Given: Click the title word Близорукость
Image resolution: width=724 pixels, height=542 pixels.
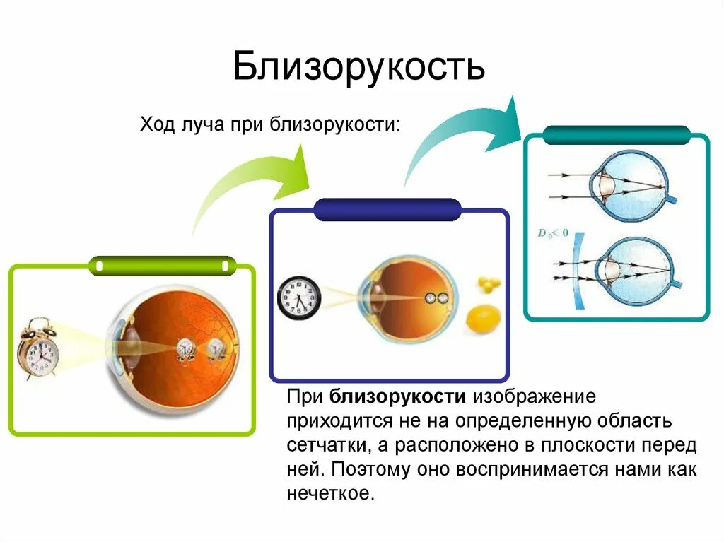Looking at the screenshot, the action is [x=358, y=68].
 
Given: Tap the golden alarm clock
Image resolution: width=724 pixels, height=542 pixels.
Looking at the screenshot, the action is [x=38, y=349].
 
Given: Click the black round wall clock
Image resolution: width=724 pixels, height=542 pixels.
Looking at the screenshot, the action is [x=298, y=297].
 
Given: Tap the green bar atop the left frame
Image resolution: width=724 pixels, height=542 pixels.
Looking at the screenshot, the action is [x=163, y=266].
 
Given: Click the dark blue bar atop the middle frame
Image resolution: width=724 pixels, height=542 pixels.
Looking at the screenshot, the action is [x=387, y=209].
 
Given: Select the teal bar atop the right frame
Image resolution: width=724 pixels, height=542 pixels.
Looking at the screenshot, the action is [x=617, y=134].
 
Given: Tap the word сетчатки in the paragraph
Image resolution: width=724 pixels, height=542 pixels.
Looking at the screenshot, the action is [x=326, y=445].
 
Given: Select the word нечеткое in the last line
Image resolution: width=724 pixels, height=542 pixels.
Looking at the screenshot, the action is [x=329, y=493].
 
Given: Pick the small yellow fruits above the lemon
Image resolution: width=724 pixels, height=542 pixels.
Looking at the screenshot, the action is [x=488, y=283].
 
